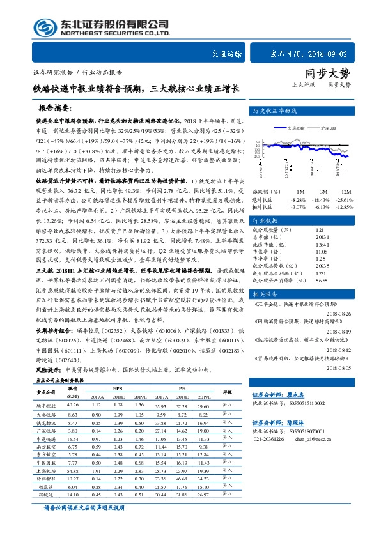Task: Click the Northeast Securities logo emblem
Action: tap(44, 26)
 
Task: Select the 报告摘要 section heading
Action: tap(56, 108)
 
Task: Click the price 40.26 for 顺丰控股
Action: tap(72, 405)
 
